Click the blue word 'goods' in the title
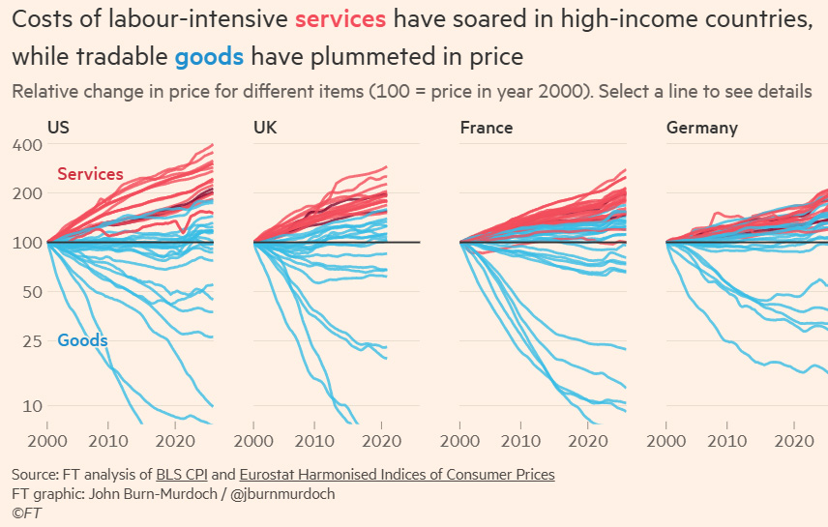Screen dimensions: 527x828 209,57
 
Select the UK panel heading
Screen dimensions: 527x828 265,128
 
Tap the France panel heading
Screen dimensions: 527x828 486,128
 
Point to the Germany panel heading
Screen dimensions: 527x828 701,128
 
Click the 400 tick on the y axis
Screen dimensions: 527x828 28,145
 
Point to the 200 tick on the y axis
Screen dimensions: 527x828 28,193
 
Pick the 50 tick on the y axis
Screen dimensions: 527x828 33,292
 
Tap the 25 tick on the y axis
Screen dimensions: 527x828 33,341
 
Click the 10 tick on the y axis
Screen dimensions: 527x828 33,406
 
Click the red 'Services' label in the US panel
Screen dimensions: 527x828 90,174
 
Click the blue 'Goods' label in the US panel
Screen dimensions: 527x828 82,340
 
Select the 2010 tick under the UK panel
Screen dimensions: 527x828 312,441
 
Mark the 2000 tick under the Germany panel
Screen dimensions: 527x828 667,441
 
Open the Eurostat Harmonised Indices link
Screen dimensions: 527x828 397,475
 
